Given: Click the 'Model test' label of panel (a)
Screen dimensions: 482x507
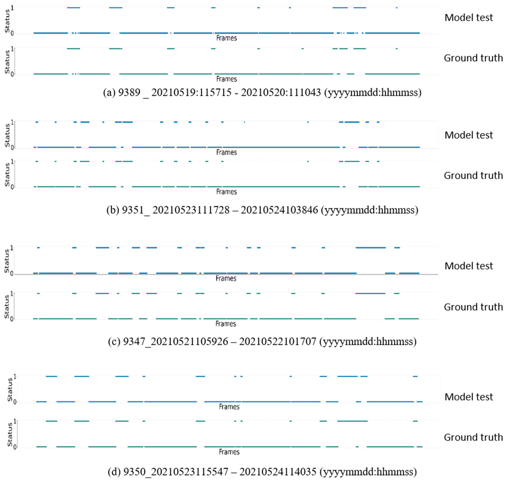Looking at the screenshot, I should [x=468, y=17].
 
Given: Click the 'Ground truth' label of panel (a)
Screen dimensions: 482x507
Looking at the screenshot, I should [x=473, y=58].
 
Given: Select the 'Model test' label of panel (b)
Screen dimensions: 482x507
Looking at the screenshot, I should [x=468, y=135].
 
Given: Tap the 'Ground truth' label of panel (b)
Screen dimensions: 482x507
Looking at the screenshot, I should [x=473, y=175].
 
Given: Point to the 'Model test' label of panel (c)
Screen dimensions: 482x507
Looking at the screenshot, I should [x=468, y=266].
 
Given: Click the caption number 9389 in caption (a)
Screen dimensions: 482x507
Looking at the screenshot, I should [x=129, y=92].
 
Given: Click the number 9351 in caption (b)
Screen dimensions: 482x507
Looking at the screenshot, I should [x=133, y=210].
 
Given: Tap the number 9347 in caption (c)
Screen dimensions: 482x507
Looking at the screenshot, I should [x=134, y=341].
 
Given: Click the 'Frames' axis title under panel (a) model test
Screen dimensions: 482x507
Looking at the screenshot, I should [x=226, y=38].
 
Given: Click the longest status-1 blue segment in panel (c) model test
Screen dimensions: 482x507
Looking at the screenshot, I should [x=370, y=247].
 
